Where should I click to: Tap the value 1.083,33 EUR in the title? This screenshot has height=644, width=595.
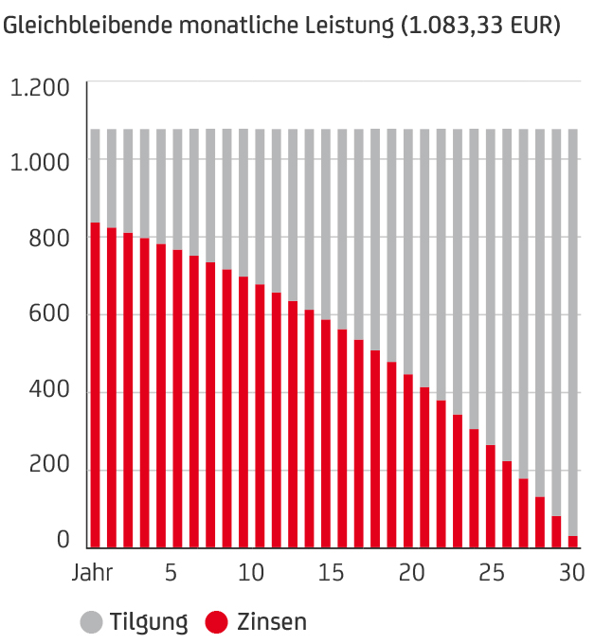[481, 26]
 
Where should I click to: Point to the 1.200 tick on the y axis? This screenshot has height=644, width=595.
[40, 88]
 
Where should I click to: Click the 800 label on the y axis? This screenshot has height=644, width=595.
[50, 239]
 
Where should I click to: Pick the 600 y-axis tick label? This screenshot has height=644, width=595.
[50, 315]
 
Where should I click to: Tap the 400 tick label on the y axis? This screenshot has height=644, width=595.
[50, 392]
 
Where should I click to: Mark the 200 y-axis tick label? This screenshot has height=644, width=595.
[50, 469]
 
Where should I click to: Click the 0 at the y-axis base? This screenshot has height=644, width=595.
[63, 540]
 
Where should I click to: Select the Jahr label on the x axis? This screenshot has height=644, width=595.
[93, 574]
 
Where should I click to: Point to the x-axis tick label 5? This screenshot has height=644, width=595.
[171, 574]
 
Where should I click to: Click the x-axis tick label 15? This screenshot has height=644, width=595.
[331, 574]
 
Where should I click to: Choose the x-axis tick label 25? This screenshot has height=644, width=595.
[491, 574]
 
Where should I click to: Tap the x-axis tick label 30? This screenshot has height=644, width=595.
[570, 574]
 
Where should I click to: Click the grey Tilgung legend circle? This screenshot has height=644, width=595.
[92, 622]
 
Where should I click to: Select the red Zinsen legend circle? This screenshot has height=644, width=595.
[217, 622]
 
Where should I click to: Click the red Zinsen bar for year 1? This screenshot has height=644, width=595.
[95, 385]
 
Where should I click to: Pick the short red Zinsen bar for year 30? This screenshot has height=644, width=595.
[572, 542]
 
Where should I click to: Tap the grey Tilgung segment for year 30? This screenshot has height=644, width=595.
[572, 331]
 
